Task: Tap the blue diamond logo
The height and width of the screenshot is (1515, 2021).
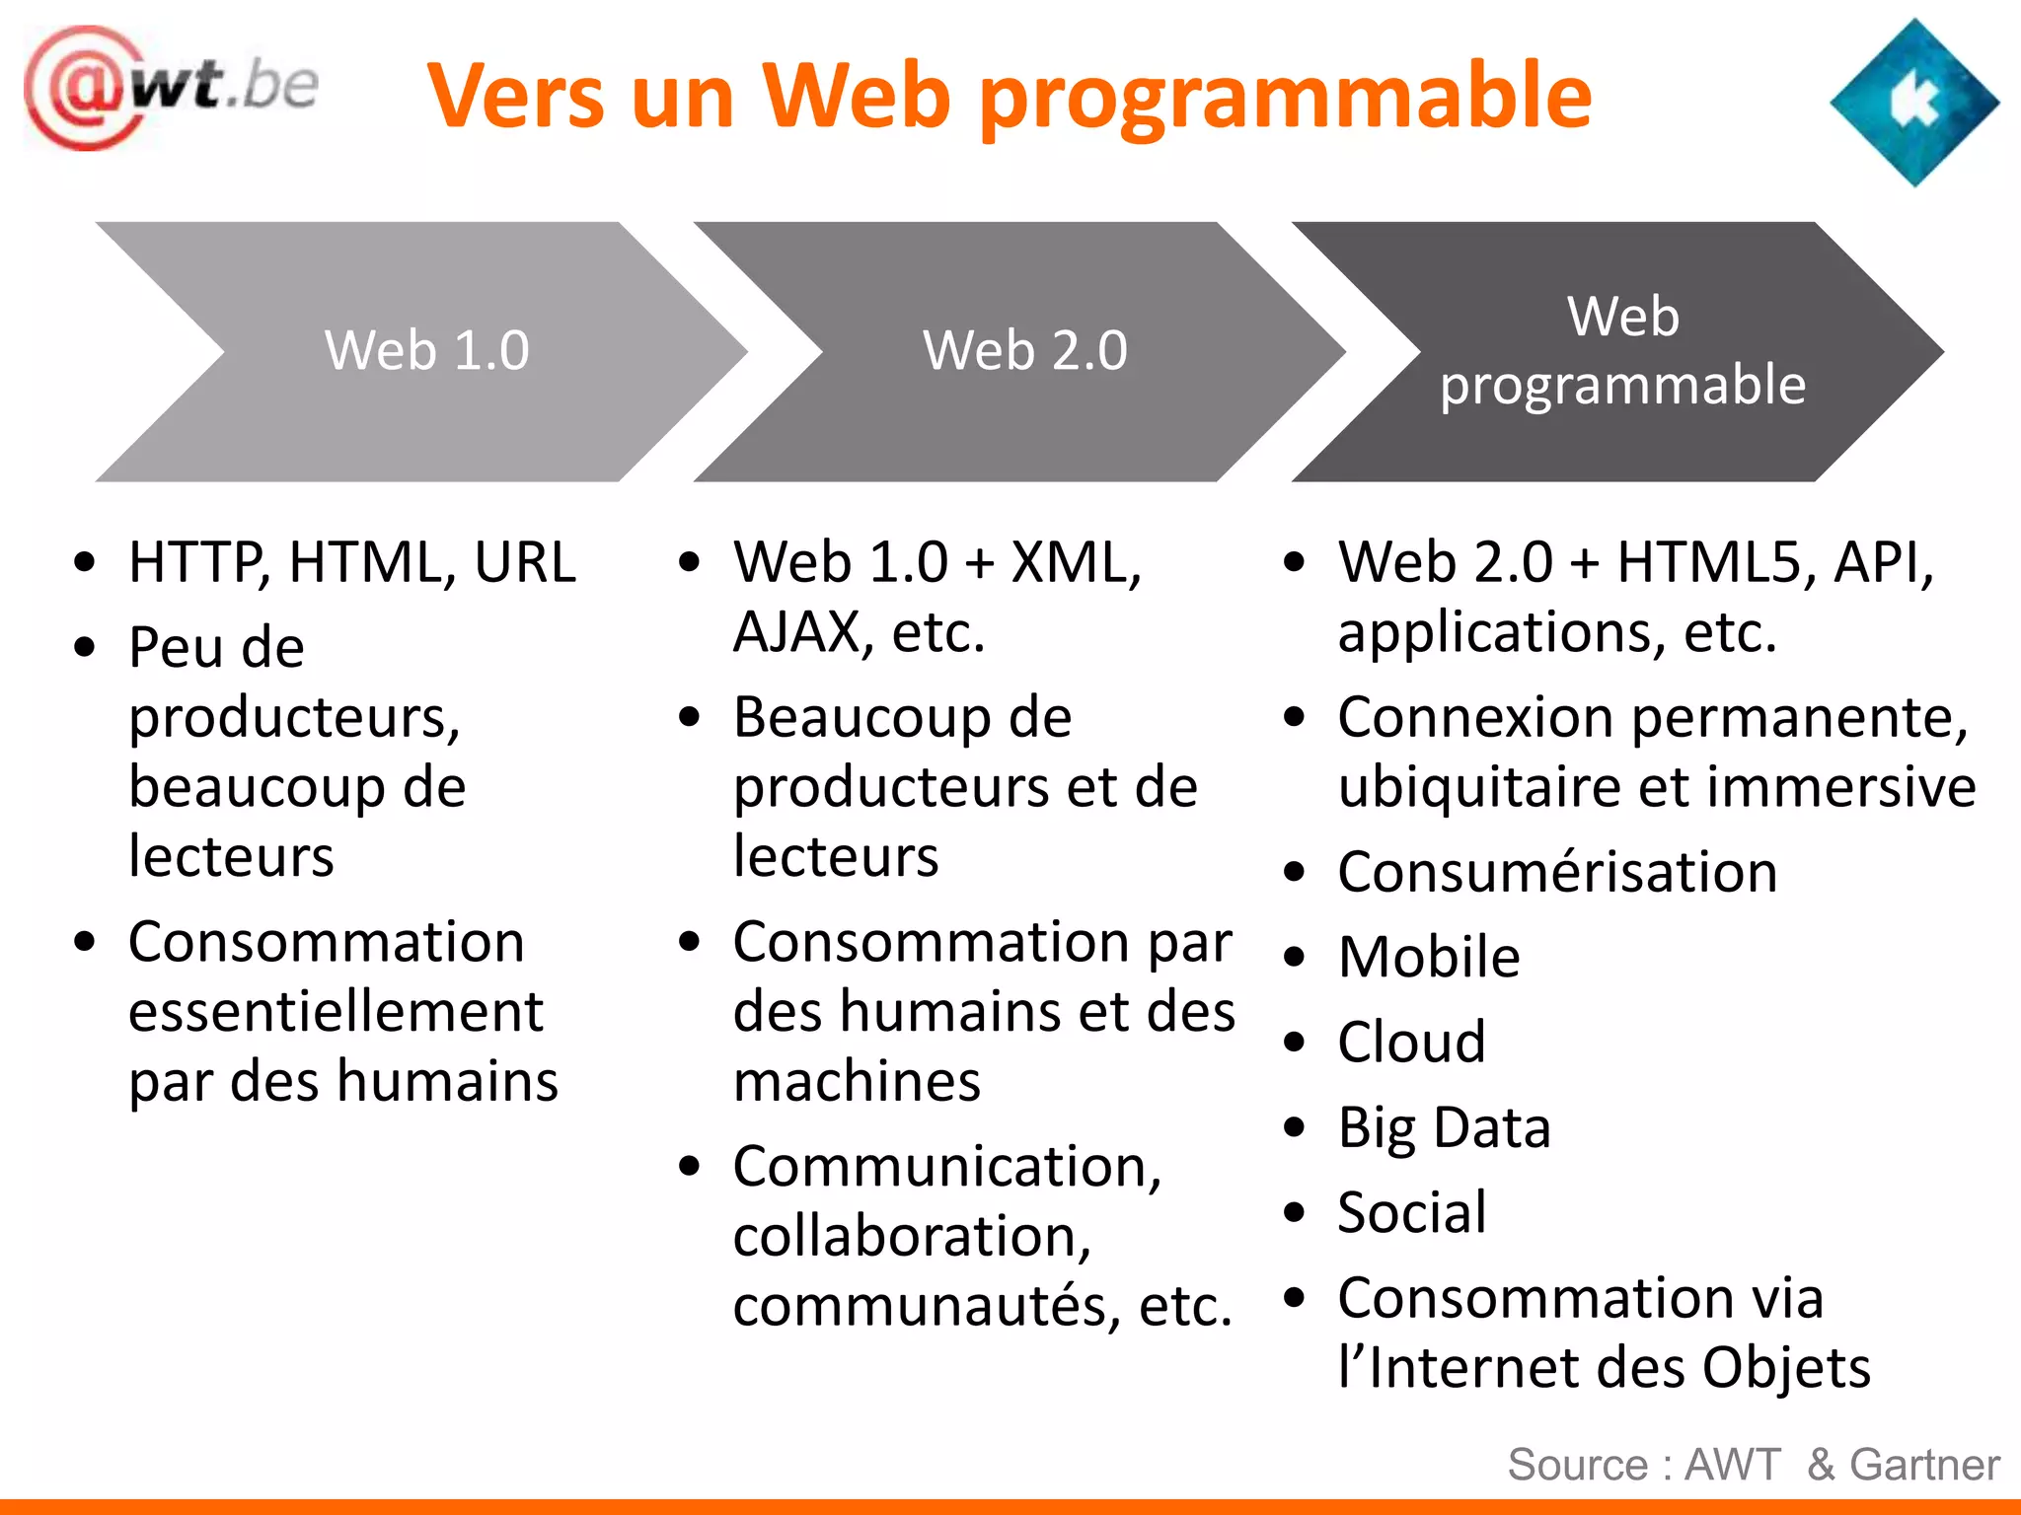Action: coord(1913,103)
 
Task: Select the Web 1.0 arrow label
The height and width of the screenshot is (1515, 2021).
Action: coord(426,350)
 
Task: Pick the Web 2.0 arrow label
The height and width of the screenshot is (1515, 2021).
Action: coord(1024,350)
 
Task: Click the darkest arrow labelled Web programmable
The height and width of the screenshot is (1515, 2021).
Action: coord(1622,350)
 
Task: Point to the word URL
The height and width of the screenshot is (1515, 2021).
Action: coord(525,562)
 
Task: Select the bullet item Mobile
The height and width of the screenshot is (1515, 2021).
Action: coord(1428,957)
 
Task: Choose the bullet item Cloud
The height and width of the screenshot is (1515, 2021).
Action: coord(1411,1042)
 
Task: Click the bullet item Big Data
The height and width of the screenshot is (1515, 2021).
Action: coord(1444,1127)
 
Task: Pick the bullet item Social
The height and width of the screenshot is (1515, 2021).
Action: coord(1411,1212)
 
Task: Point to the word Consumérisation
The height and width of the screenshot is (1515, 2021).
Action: coord(1557,872)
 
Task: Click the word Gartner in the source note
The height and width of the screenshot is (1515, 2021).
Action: coord(1924,1465)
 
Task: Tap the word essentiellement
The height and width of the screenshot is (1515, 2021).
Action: coord(336,1012)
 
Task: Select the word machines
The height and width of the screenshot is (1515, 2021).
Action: coord(857,1082)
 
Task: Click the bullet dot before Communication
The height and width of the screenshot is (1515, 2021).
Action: coord(689,1167)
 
